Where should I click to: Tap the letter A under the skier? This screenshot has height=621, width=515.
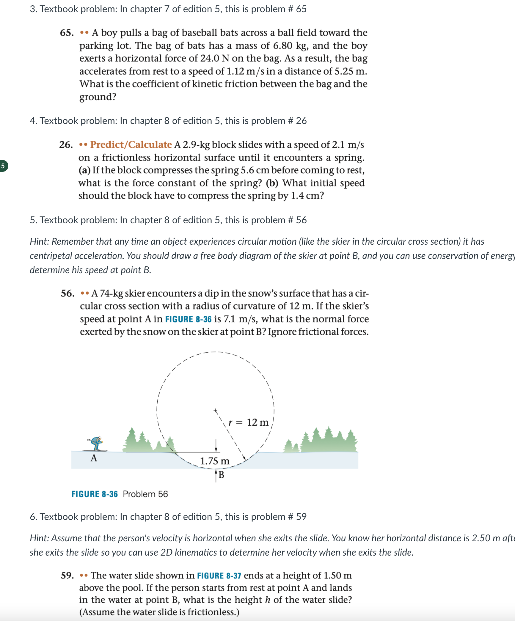94,458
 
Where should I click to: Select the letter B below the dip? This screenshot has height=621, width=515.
221,475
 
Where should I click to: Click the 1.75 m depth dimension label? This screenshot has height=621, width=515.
215,461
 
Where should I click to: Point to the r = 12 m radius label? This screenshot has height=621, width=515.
248,422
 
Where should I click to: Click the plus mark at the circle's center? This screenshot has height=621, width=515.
216,411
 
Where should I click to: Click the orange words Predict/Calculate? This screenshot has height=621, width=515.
131,145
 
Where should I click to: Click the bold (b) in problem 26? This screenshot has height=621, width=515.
272,183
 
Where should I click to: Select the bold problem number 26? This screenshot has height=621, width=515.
66,145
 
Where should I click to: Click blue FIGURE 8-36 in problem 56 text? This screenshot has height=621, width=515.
188,319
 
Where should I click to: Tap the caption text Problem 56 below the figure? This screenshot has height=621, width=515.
145,494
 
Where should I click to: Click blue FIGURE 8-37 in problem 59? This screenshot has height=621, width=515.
219,576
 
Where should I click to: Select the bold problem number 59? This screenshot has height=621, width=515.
67,576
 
